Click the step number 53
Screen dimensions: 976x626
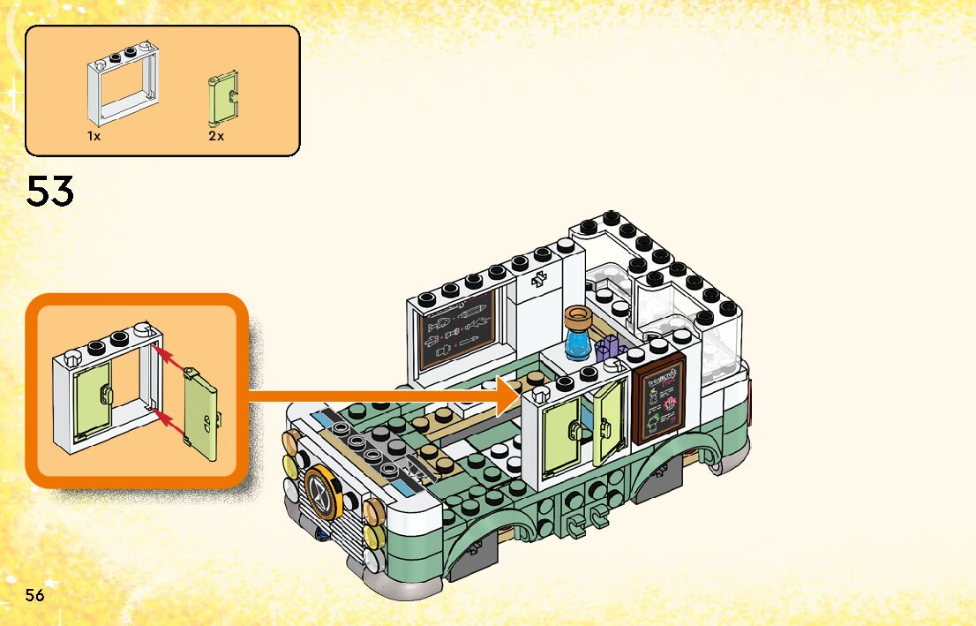50,191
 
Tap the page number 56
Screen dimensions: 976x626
35,594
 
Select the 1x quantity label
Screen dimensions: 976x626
94,137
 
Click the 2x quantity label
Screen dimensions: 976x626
216,137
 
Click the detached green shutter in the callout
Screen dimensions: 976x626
202,414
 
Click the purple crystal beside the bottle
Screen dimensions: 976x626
606,349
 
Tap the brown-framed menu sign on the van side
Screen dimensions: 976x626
659,399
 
